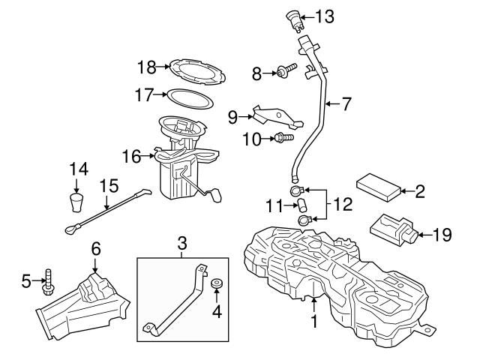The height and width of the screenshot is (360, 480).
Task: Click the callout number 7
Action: [346, 104]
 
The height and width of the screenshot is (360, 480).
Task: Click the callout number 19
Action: [443, 235]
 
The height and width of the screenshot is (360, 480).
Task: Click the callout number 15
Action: [109, 184]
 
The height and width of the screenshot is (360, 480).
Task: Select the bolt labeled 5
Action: [49, 283]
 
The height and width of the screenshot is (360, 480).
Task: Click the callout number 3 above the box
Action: [180, 244]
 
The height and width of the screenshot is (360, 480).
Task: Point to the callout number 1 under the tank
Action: [315, 322]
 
